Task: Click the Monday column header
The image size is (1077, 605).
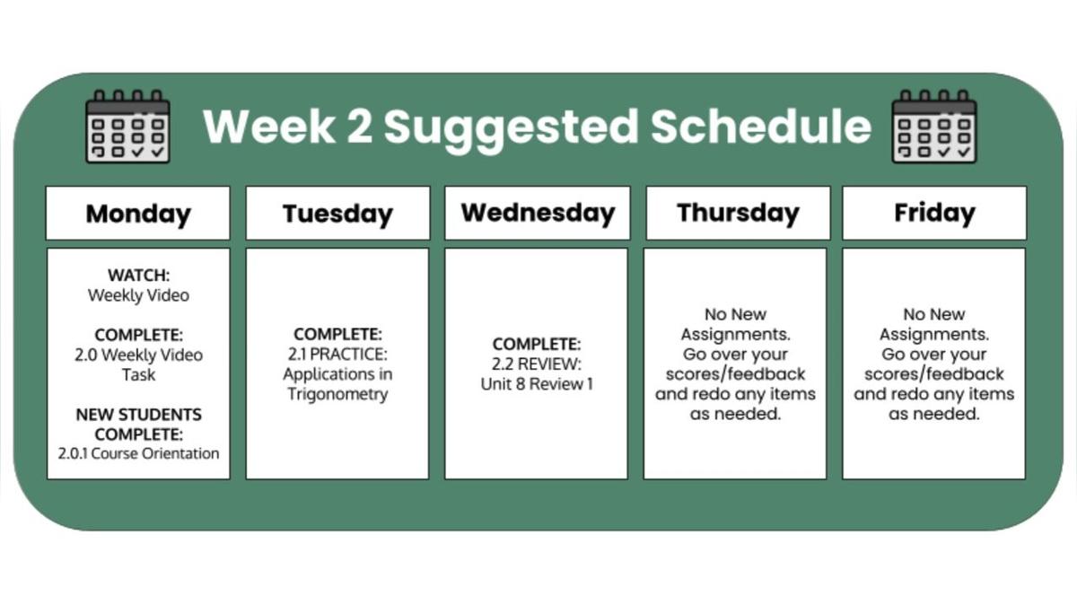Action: click(x=138, y=213)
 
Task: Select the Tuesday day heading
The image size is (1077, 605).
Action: click(x=337, y=213)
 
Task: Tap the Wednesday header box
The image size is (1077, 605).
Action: click(x=537, y=213)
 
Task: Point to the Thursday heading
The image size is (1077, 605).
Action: click(x=738, y=213)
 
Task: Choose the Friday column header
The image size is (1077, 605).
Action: click(x=934, y=213)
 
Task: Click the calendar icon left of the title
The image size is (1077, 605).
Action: click(x=127, y=127)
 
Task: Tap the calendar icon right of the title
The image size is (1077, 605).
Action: click(x=934, y=127)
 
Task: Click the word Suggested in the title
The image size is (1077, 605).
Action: click(x=511, y=128)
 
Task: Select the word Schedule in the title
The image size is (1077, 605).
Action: click(x=761, y=126)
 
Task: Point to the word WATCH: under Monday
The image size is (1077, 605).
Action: click(x=138, y=275)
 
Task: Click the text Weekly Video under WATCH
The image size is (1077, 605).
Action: click(x=138, y=295)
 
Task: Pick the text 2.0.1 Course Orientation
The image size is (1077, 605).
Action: click(x=138, y=453)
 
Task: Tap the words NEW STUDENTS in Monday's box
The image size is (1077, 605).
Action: click(x=138, y=415)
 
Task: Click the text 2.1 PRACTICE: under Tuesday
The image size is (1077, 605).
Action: click(x=337, y=355)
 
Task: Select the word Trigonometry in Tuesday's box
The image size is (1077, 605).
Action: click(x=337, y=394)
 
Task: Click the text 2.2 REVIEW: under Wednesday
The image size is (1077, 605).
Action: click(x=537, y=364)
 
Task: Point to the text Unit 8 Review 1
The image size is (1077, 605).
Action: click(x=537, y=384)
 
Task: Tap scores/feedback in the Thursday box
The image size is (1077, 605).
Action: click(x=735, y=374)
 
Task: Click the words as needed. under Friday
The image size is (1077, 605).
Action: click(x=933, y=414)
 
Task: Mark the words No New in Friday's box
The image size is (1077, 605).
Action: click(x=933, y=314)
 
